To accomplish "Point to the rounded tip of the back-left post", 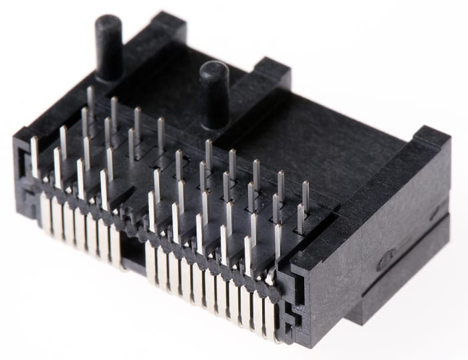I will pos(108,22).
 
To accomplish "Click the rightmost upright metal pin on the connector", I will pos(306,195).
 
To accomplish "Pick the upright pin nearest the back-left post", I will pos(90,100).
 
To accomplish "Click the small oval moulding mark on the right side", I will pos(382,261).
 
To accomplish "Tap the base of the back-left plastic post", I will pos(110,72).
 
